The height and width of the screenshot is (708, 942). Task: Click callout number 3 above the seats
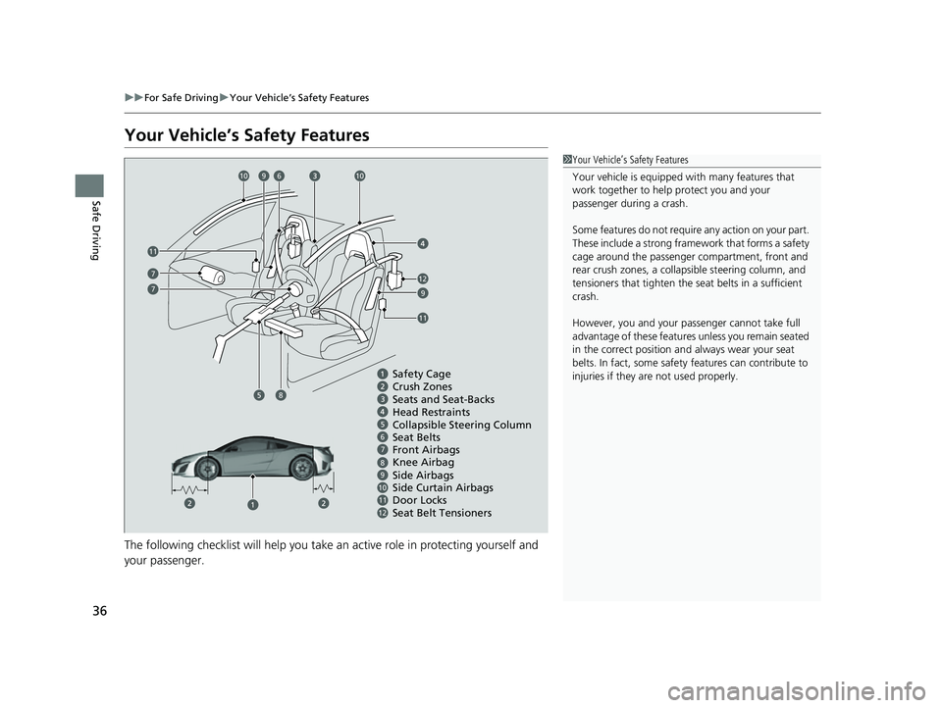click(315, 176)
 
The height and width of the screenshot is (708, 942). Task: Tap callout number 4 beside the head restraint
click(423, 243)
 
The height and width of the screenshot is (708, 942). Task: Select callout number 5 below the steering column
click(258, 395)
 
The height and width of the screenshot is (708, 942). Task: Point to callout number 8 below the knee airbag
click(281, 395)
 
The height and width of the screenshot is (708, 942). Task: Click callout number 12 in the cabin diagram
click(423, 278)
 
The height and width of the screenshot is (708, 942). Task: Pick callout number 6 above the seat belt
click(278, 176)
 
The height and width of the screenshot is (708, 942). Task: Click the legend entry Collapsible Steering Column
click(461, 426)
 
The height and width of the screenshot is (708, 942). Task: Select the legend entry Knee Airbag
click(423, 463)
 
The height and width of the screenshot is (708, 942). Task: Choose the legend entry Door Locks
click(419, 500)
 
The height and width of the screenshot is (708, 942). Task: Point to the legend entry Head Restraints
click(431, 412)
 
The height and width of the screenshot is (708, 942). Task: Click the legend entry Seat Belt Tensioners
click(442, 513)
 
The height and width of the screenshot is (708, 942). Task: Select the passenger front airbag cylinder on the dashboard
click(212, 275)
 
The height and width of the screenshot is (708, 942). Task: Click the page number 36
click(100, 611)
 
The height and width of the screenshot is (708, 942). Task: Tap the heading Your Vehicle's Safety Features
click(247, 135)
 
